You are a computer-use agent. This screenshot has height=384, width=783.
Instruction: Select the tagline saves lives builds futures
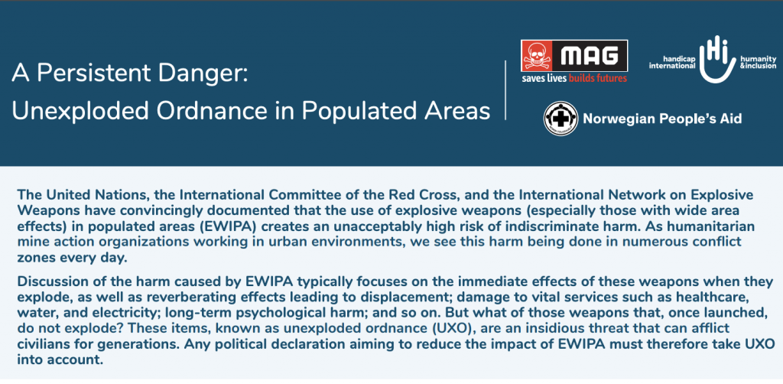(x=574, y=78)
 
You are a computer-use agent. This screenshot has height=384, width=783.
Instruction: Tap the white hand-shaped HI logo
(x=717, y=59)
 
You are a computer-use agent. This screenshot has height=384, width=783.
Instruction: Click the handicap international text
(x=672, y=62)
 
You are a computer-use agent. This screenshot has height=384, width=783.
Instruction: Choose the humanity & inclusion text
(x=758, y=62)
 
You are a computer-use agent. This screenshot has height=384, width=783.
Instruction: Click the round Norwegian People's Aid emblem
(x=560, y=119)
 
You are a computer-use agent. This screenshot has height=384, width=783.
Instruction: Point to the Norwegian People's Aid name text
(x=662, y=119)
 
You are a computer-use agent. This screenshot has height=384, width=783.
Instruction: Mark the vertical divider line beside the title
(x=505, y=90)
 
